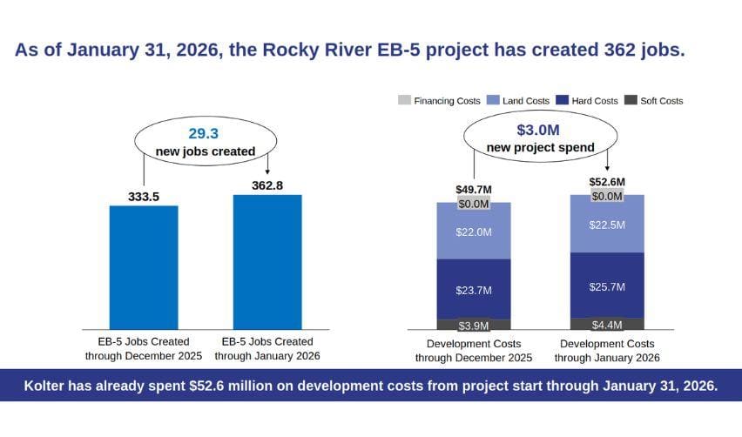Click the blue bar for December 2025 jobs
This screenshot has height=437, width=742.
144,267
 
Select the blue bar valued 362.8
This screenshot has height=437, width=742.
267,262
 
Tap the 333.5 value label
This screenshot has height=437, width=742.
144,197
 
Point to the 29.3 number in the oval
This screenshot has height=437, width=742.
204,133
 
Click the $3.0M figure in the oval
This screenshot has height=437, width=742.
538,130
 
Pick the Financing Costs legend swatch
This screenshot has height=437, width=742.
405,100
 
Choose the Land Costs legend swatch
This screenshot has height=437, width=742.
493,100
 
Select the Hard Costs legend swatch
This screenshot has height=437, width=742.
563,100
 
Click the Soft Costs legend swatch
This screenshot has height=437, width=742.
631,100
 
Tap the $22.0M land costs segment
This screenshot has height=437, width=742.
474,232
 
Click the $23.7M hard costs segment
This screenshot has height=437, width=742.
474,289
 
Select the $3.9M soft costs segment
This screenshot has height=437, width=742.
474,325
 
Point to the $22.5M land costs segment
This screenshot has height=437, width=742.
607,225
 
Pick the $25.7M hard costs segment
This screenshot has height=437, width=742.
607,286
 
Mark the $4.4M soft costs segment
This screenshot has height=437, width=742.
607,324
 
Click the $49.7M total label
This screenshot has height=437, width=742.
474,190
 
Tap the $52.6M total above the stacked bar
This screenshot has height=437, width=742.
607,182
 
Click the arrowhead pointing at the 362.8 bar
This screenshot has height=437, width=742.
267,171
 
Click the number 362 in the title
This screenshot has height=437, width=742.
619,50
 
